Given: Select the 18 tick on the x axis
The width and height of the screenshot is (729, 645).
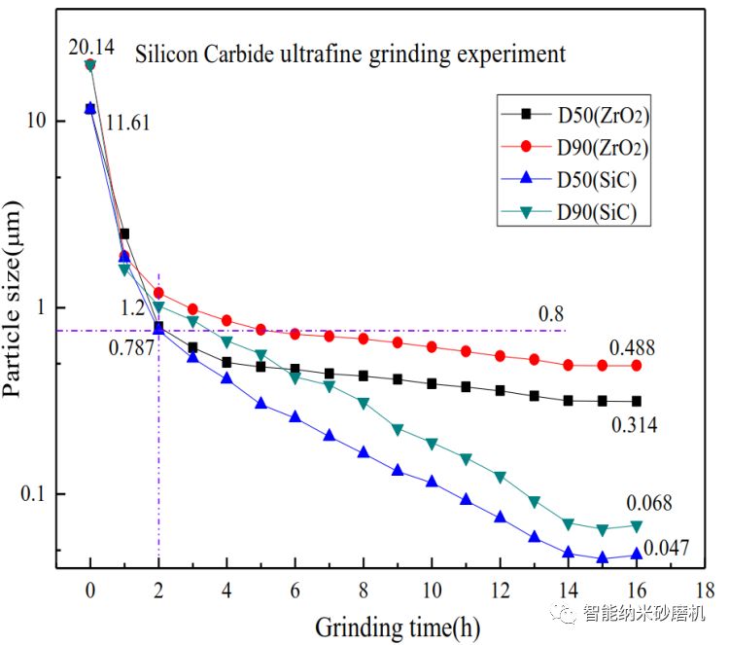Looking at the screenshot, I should tap(706, 591).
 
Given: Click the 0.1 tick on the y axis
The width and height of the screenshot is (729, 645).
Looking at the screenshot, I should tap(34, 494).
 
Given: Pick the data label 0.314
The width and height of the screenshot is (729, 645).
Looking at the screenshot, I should tap(635, 424).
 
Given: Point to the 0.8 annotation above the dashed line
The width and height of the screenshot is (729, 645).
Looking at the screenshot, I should tap(551, 314).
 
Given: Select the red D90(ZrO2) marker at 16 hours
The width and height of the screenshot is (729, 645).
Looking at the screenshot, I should tap(637, 366).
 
